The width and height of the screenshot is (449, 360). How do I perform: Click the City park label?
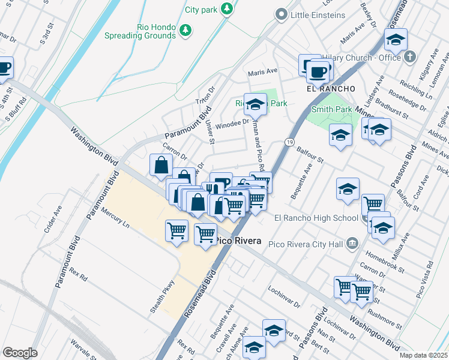200,10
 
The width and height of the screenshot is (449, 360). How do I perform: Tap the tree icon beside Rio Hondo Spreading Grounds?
186,29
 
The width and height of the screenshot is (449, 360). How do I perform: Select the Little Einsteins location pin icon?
280,14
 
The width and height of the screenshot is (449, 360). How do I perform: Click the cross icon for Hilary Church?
410,58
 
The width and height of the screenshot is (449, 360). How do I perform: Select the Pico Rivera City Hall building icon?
352,243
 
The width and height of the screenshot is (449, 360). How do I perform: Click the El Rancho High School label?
316,218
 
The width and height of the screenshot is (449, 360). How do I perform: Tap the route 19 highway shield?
289,142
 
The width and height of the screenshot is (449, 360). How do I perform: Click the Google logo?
20,353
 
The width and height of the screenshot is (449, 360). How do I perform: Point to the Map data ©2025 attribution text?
423,355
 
